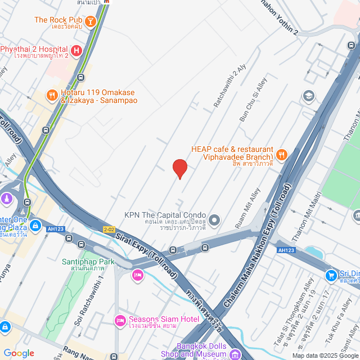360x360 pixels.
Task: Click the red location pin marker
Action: click(x=179, y=168)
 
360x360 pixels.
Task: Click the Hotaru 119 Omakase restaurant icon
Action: click(x=52, y=95)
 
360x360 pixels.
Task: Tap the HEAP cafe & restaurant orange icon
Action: click(x=282, y=154)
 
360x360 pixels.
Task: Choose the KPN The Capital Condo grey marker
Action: click(x=214, y=219)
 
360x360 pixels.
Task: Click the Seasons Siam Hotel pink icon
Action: click(x=119, y=321)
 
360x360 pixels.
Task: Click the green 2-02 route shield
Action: click(x=109, y=229)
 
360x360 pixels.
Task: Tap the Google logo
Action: click(x=19, y=353)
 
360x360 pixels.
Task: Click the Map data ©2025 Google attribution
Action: click(x=325, y=355)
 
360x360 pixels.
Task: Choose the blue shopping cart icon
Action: click(x=331, y=275)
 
